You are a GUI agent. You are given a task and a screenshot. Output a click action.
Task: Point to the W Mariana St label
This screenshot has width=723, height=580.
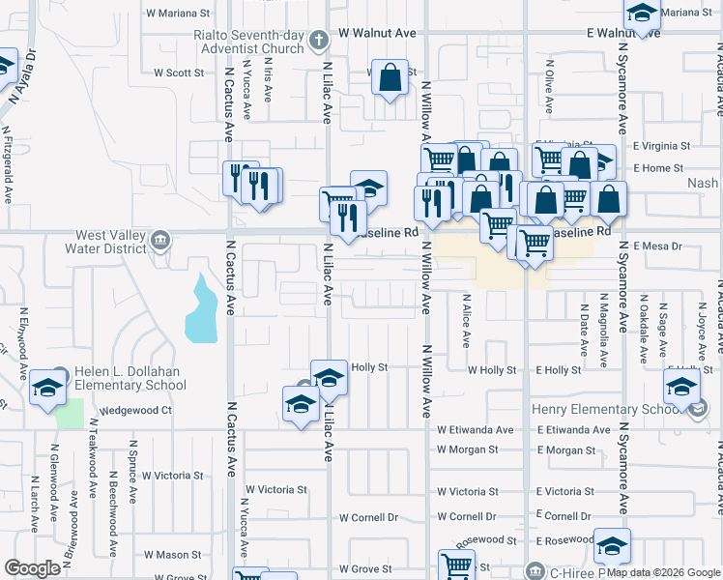pyautogui.click(x=178, y=14)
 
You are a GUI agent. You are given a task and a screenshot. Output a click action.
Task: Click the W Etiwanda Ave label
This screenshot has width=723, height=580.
pyautogui.click(x=475, y=429)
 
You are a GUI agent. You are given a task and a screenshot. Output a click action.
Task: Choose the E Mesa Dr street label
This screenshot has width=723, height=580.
pyautogui.click(x=657, y=246)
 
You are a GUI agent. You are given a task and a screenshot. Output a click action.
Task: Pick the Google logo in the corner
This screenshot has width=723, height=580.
pyautogui.click(x=32, y=568)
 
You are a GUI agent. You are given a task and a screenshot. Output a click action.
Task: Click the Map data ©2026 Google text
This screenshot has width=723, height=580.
pyautogui.click(x=663, y=572)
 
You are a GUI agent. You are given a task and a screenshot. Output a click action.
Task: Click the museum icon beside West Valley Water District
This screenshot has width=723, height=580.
pyautogui.click(x=159, y=239)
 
